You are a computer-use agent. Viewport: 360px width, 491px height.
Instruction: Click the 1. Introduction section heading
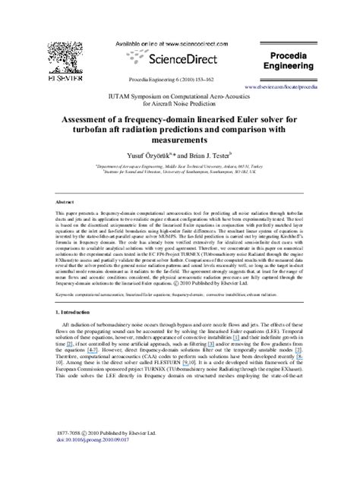pyautogui.click(x=77, y=312)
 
